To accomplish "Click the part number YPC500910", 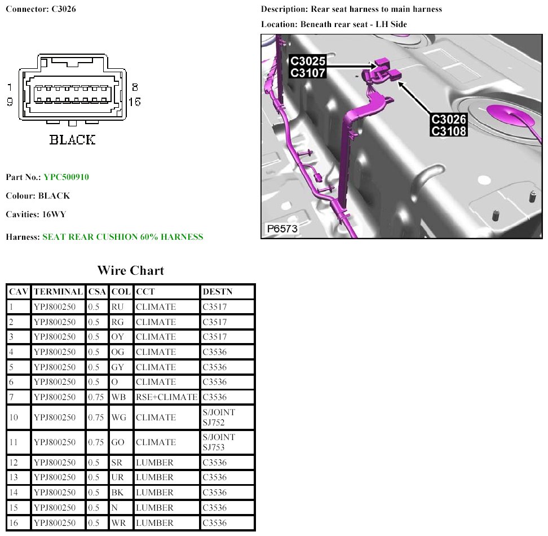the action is [66, 177].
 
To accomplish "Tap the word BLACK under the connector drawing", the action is [72, 140].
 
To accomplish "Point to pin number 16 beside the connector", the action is [135, 102].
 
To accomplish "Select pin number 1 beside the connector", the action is [10, 87].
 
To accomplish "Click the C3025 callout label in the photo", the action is [308, 61].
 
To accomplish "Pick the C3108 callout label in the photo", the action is [449, 131].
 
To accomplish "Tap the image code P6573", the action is [282, 229].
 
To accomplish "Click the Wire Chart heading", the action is [131, 270].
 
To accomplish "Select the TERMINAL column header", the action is [58, 292].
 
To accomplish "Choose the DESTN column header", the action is [218, 292].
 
